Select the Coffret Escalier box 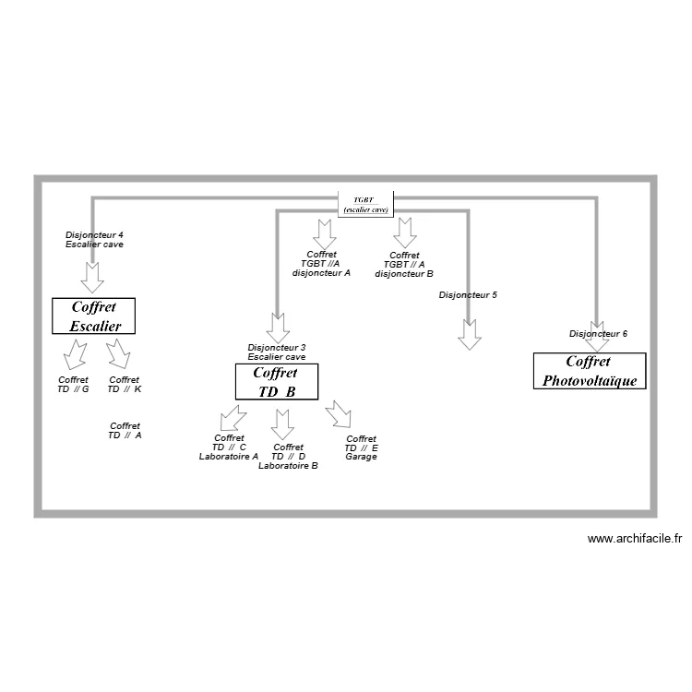click(x=92, y=316)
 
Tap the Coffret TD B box click(x=276, y=382)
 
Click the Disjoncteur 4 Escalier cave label click(x=94, y=240)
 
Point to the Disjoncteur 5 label click(x=468, y=295)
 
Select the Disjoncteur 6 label click(x=598, y=333)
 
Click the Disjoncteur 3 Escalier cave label click(x=277, y=352)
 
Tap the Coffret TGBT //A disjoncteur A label click(x=321, y=263)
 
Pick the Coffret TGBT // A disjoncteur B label click(x=404, y=264)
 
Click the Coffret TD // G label click(x=73, y=384)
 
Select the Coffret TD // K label click(x=125, y=384)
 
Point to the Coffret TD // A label click(x=125, y=430)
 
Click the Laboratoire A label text click(x=229, y=456)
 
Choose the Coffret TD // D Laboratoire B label click(x=288, y=457)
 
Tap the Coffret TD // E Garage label click(x=361, y=447)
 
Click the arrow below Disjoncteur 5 click(x=470, y=334)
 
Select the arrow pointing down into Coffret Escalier click(x=92, y=275)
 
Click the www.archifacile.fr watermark click(x=634, y=539)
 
